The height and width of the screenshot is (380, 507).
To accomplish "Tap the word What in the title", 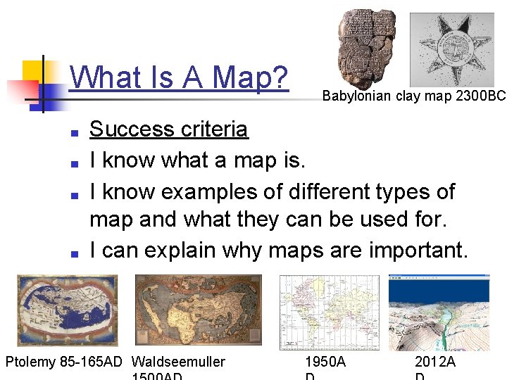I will click(x=101, y=77).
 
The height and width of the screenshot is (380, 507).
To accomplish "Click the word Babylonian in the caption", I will click(x=356, y=95).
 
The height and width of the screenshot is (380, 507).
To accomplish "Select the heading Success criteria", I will click(x=169, y=129).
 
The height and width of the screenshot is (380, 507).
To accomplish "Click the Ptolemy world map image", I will click(x=68, y=310).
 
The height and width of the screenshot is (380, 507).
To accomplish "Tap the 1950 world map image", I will click(x=330, y=312).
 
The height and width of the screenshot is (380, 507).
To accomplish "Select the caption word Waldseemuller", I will click(x=179, y=362).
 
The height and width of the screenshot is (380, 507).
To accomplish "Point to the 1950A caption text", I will click(x=325, y=362).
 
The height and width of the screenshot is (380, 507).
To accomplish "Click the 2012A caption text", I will click(x=435, y=362).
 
